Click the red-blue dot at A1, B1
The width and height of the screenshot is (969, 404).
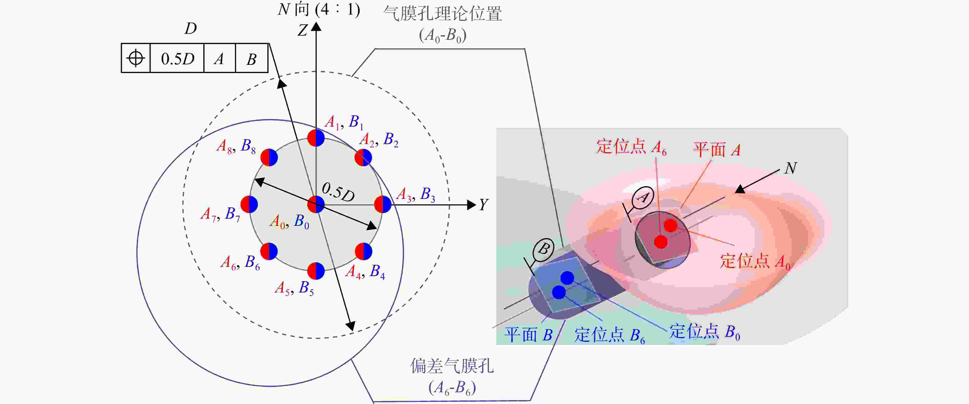(316, 138)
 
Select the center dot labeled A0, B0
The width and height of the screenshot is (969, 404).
(316, 204)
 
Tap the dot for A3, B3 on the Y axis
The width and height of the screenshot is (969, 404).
(383, 204)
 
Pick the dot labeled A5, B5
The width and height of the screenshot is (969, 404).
(316, 271)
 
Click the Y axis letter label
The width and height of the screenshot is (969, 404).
(483, 205)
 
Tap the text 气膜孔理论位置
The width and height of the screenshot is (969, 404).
(442, 14)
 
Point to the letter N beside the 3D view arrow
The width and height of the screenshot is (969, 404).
(791, 168)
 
